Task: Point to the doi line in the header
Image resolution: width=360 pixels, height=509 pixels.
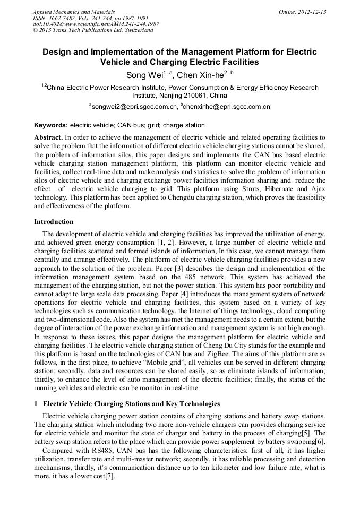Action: point(96,24)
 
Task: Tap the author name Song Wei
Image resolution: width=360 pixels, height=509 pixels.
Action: point(144,75)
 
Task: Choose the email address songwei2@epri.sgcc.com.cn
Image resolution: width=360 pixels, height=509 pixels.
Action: point(134,107)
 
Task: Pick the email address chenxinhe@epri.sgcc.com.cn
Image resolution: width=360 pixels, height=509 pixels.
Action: point(227,107)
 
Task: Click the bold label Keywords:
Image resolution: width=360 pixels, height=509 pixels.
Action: point(51,125)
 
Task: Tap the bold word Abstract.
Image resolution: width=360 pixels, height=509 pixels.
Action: point(48,137)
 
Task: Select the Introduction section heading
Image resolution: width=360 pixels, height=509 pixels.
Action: point(54,222)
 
